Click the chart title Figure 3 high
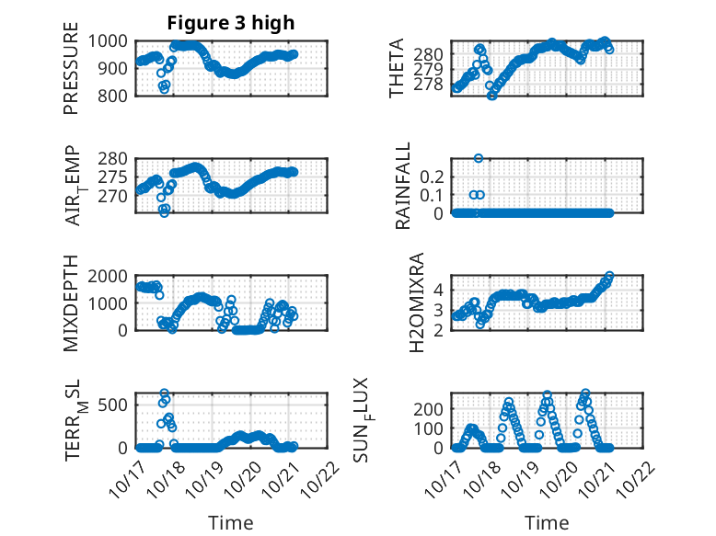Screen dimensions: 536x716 pos(230,24)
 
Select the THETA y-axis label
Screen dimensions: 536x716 pos(397,68)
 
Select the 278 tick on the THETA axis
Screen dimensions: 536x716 pos(431,85)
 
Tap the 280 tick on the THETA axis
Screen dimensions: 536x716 pos(431,54)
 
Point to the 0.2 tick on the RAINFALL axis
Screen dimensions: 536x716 pos(434,176)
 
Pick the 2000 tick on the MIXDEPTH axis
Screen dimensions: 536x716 pos(112,275)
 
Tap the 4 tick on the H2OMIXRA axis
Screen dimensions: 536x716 pos(440,289)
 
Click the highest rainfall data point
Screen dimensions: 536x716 pos(478,158)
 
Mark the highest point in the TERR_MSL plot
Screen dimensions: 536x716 pos(165,393)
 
